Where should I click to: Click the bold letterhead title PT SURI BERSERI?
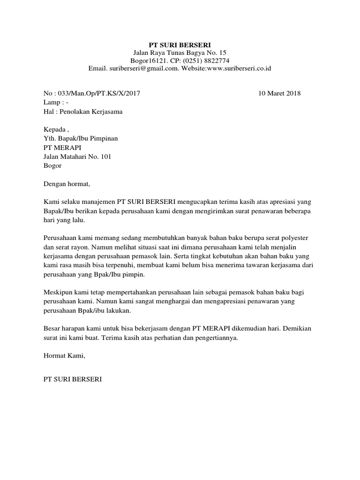coord(180,45)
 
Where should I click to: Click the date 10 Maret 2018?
coord(279,93)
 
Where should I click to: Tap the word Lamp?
coord(52,102)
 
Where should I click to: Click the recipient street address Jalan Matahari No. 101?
coord(77,157)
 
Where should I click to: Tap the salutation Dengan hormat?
coord(66,184)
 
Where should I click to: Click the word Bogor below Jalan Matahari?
coord(52,165)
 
